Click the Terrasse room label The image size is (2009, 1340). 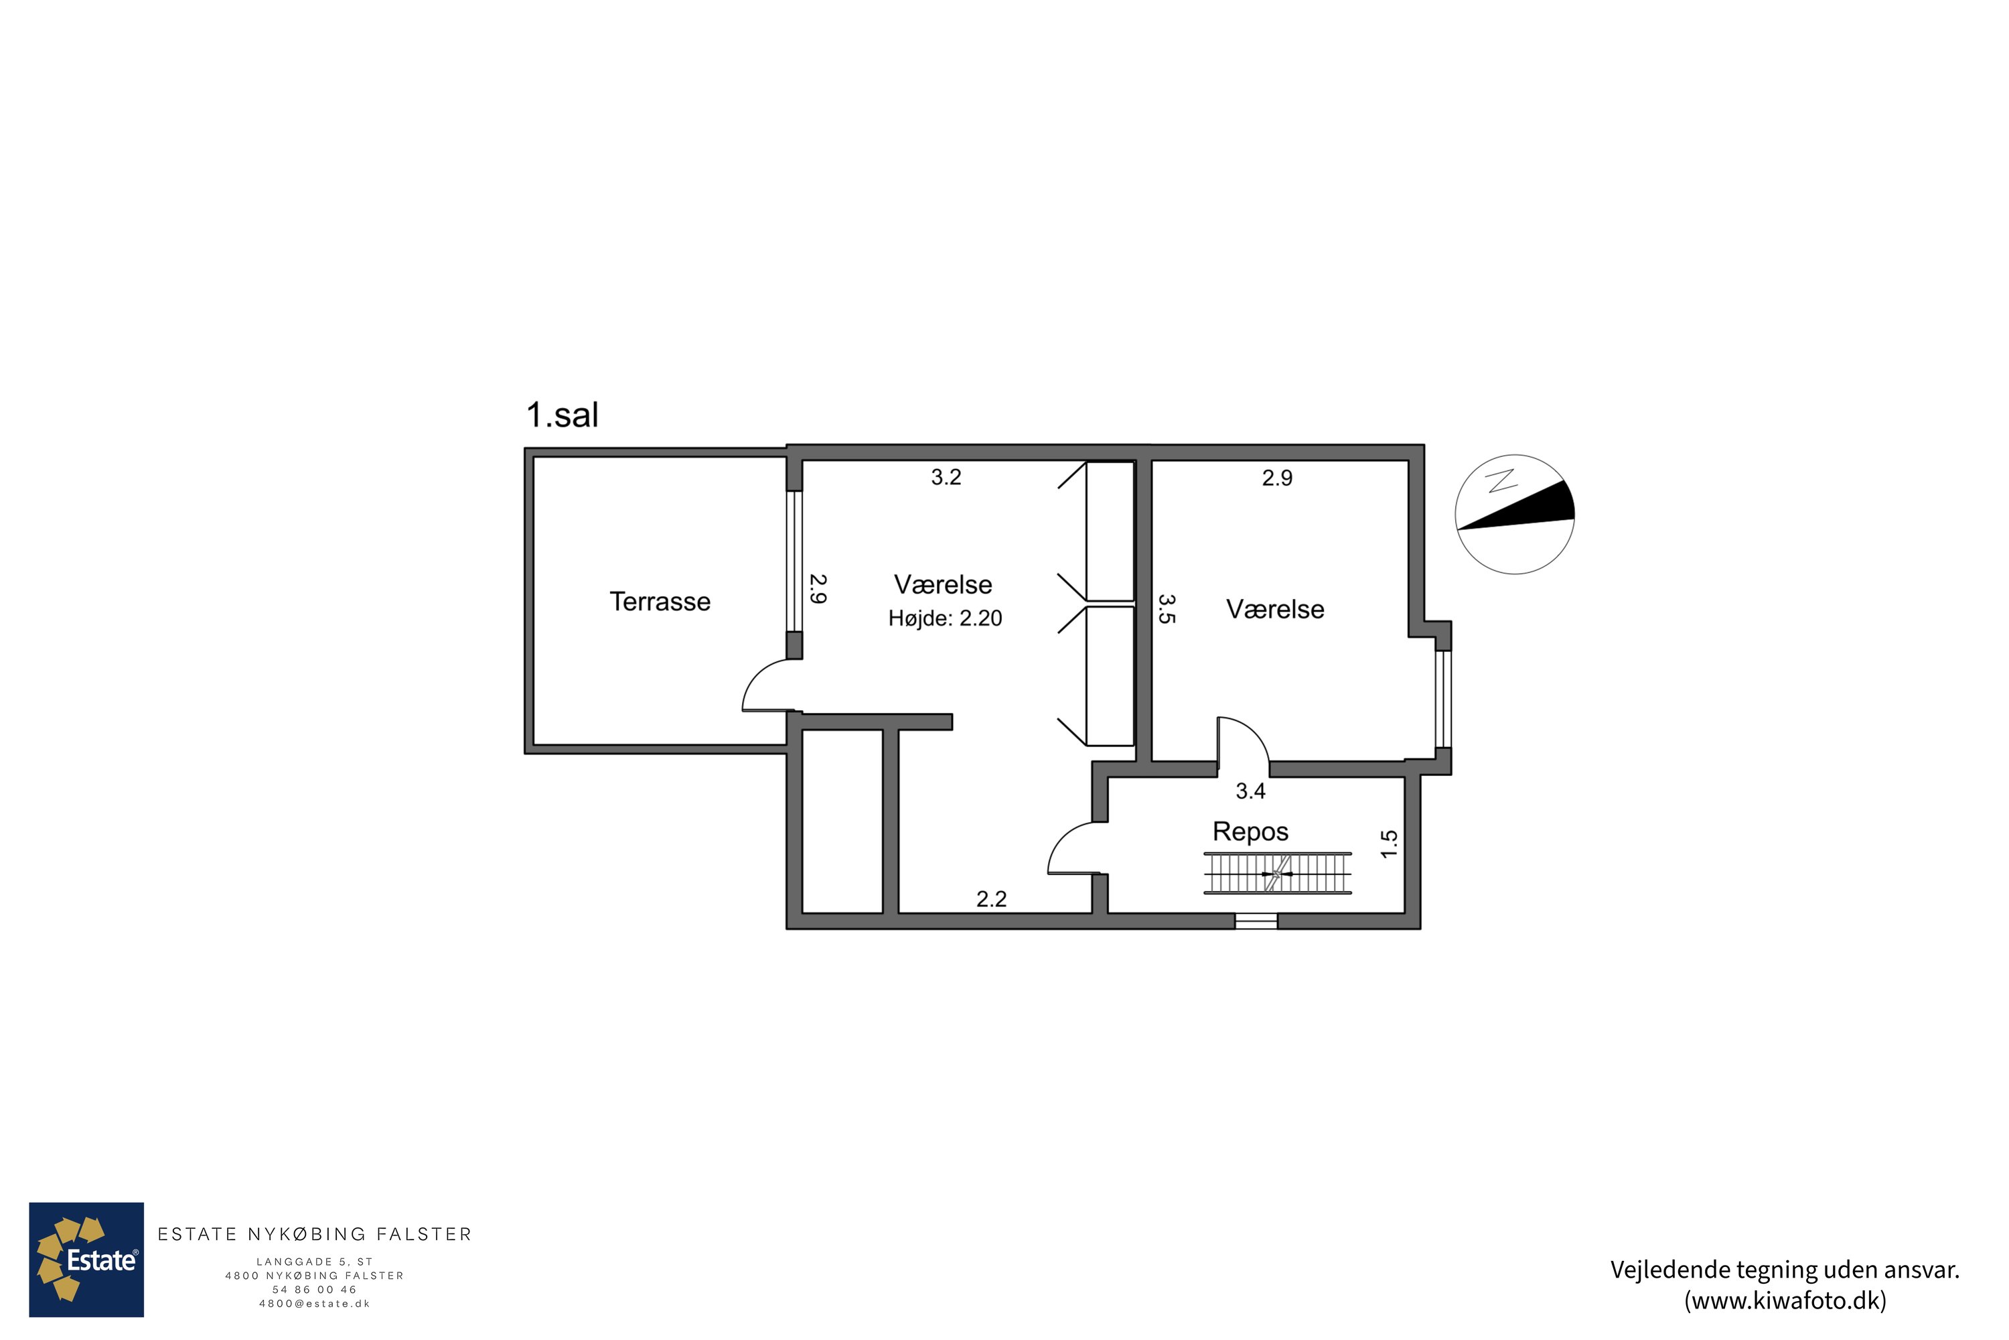pyautogui.click(x=660, y=602)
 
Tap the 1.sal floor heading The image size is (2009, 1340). pyautogui.click(x=562, y=415)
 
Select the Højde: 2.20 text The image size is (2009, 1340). pyautogui.click(x=945, y=618)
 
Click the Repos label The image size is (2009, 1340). pyautogui.click(x=1250, y=831)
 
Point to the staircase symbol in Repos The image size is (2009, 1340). pyautogui.click(x=1277, y=874)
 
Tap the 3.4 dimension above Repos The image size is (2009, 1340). pyautogui.click(x=1250, y=791)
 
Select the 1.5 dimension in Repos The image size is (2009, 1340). pyautogui.click(x=1389, y=844)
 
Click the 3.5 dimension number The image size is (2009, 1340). pyautogui.click(x=1167, y=609)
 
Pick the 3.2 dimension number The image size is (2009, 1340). pyautogui.click(x=946, y=478)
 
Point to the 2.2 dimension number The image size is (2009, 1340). pyautogui.click(x=992, y=899)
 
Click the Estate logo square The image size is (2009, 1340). pyautogui.click(x=86, y=1260)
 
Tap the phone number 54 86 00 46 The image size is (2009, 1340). pyautogui.click(x=314, y=1290)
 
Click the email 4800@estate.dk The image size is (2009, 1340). pyautogui.click(x=314, y=1304)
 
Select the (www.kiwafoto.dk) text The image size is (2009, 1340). pyautogui.click(x=1785, y=1300)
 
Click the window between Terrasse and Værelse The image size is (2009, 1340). pyautogui.click(x=794, y=561)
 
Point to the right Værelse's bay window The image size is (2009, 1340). pyautogui.click(x=1442, y=699)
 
